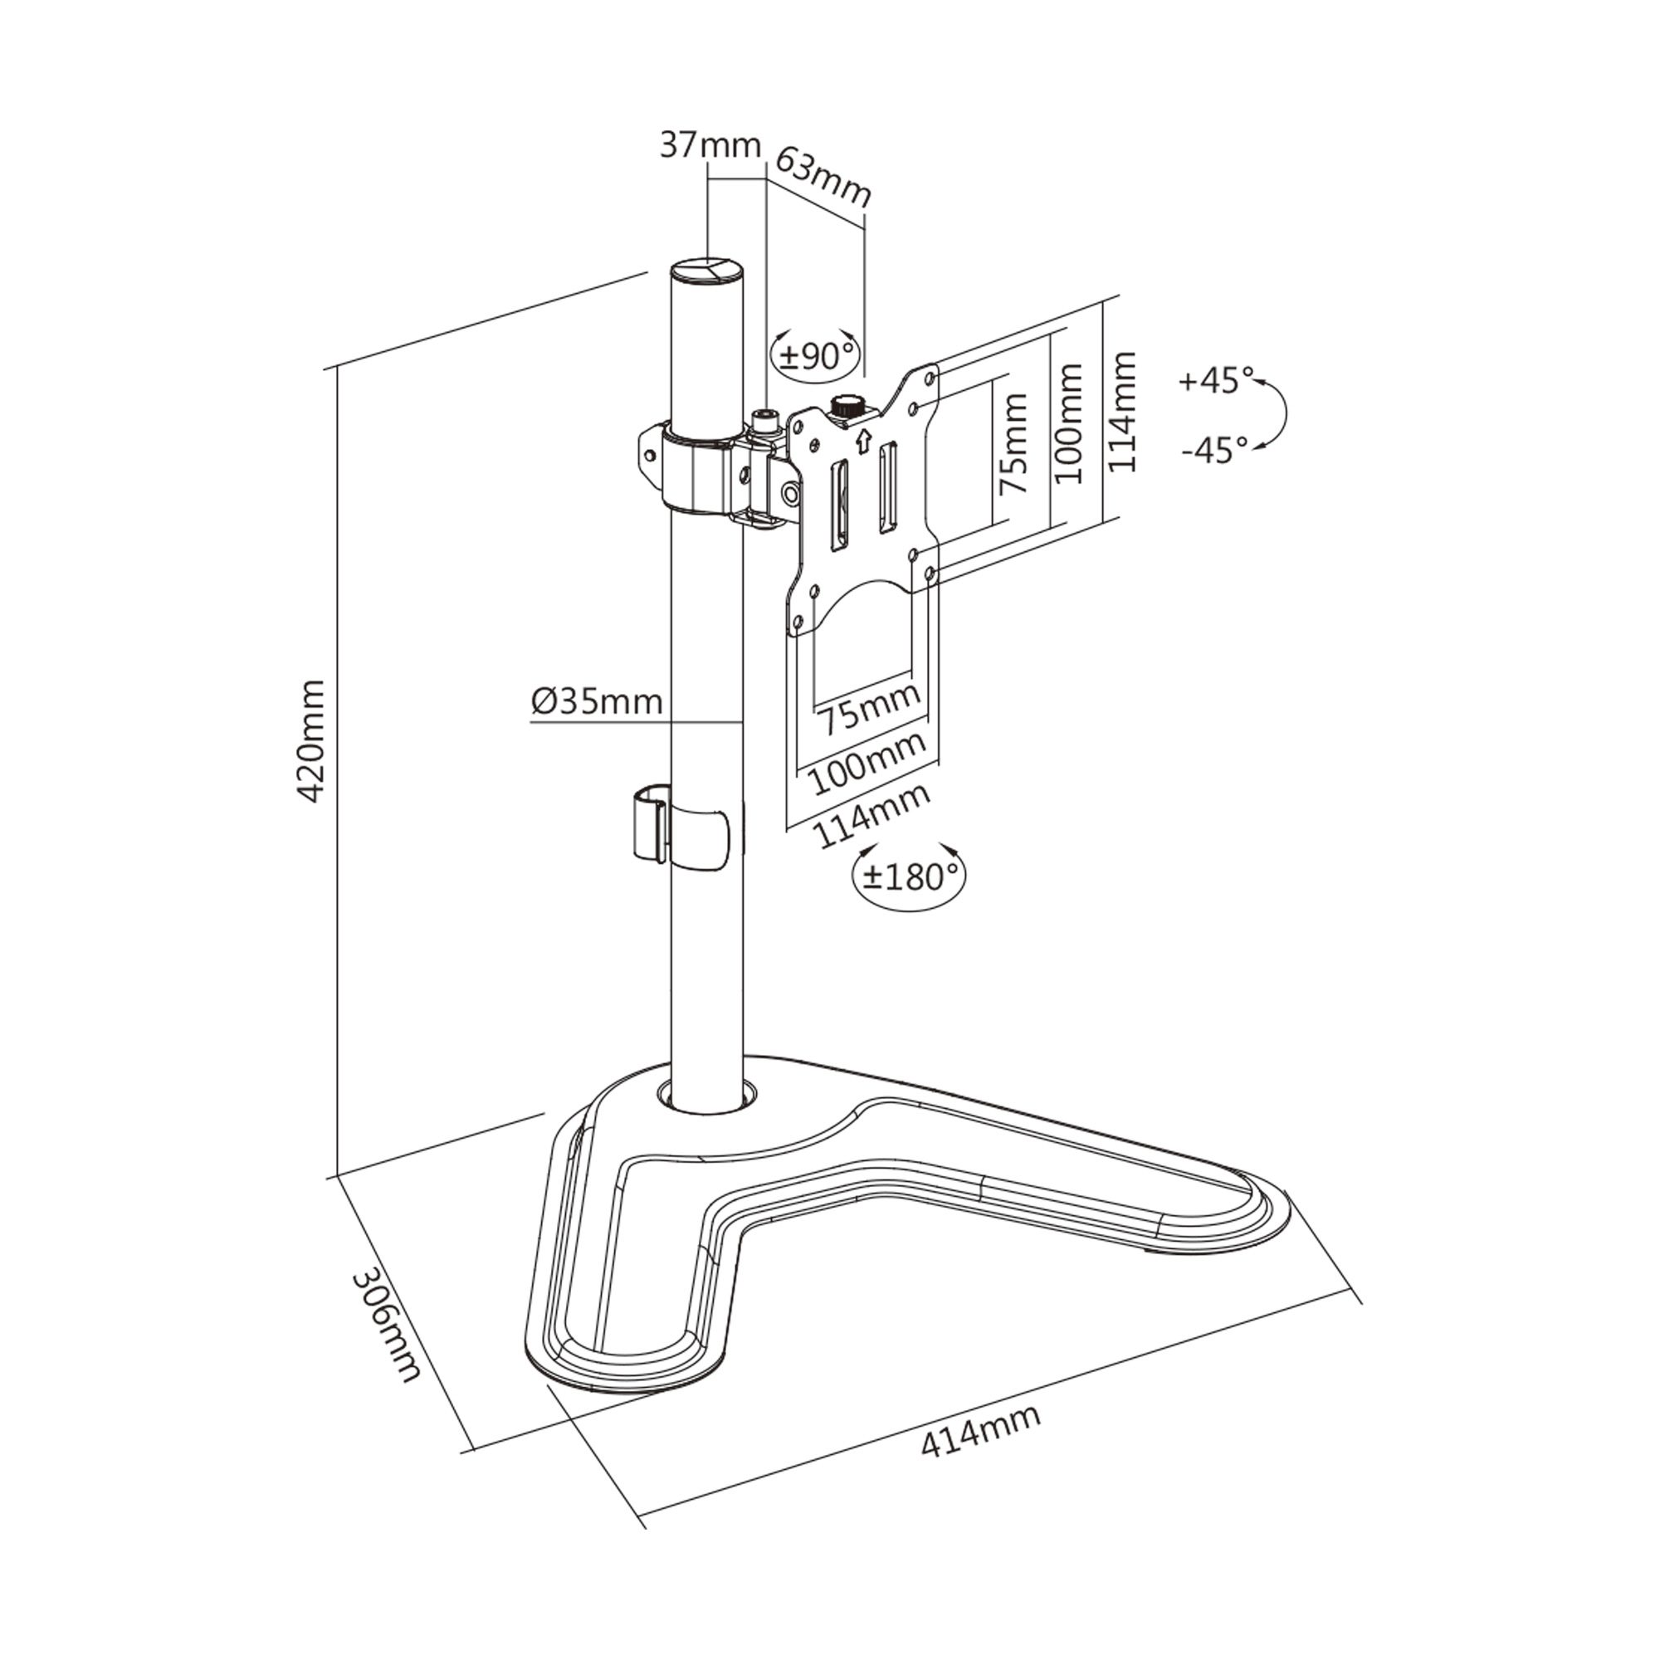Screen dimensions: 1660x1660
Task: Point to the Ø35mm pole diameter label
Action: (597, 702)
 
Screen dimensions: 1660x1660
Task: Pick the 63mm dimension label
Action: (823, 177)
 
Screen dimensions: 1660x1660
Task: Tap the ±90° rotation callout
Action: (815, 355)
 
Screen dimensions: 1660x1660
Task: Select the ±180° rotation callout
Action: (909, 876)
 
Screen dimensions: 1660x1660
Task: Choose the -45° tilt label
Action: (1214, 448)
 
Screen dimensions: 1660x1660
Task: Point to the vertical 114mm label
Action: (1122, 411)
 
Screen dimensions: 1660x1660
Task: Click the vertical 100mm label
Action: (1067, 422)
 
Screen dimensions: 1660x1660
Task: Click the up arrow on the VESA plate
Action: (863, 442)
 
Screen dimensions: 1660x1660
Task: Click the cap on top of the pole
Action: (707, 272)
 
